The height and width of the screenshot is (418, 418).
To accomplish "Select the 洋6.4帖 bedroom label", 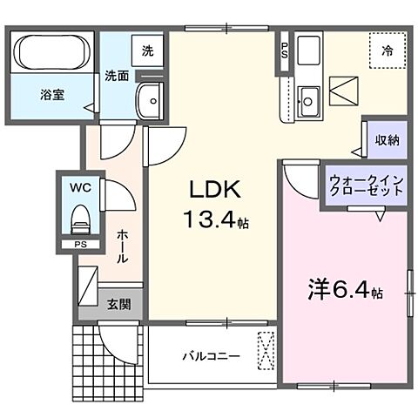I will tap(344, 288).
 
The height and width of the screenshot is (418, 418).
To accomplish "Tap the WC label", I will tap(79, 187).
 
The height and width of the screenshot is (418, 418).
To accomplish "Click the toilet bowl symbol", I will tap(79, 219).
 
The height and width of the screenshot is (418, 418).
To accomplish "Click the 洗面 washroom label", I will tap(117, 76).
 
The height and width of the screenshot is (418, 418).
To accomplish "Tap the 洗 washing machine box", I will tap(147, 51).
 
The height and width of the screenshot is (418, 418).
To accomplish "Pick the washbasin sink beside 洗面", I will tap(152, 103).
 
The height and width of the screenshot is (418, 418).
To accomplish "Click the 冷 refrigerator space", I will tap(387, 51).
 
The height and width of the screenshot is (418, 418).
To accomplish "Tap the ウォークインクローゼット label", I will tap(366, 187).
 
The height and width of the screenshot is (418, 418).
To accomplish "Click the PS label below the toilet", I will tap(80, 246).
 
